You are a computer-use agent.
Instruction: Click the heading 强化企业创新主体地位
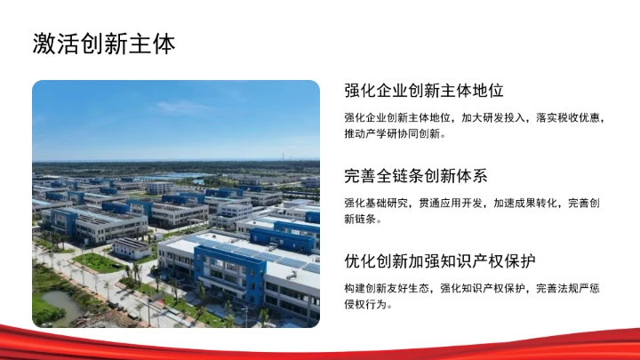[x=424, y=91]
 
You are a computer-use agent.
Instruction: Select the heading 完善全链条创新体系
[x=416, y=176]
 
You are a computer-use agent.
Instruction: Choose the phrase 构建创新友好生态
[x=387, y=289]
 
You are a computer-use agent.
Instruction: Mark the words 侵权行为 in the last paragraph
[x=368, y=305]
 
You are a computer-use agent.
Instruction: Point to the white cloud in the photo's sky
[x=182, y=107]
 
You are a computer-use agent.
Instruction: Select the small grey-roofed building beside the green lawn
[x=132, y=246]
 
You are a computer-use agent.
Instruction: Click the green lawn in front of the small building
[x=99, y=262]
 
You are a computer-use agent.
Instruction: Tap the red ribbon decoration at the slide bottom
[x=320, y=342]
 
